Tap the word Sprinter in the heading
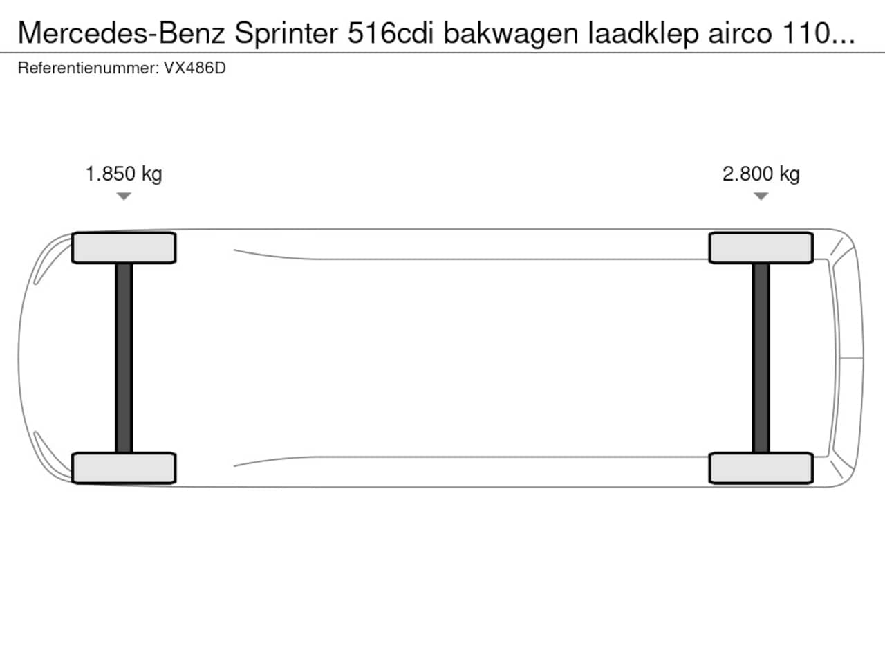pos(286,34)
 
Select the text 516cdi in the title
pos(390,33)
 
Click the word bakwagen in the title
pos(511,34)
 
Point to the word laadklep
pos(643,34)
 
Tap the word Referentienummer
pos(88,68)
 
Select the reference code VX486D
pos(195,68)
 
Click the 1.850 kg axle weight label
pos(124,174)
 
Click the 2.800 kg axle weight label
pos(761,174)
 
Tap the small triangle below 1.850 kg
pos(124,196)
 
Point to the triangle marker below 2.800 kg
pos(761,196)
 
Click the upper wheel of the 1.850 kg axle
pos(124,248)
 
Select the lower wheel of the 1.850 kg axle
pos(124,468)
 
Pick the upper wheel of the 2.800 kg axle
pos(761,248)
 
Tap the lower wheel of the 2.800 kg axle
pos(761,468)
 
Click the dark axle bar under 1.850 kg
pos(124,358)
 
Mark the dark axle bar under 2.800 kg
pos(761,358)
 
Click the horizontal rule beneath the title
pos(442,53)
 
